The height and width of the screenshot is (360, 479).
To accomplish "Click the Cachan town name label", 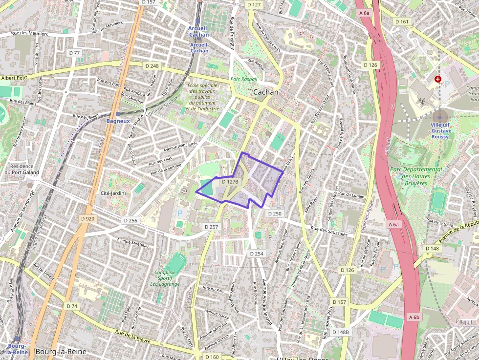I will tap(266, 92).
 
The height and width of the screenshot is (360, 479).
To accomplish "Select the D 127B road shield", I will tap(230, 182).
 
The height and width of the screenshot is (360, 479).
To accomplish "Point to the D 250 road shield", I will tap(275, 213).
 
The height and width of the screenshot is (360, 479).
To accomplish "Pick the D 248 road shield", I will tap(152, 65).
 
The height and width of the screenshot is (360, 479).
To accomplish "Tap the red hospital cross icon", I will tap(437, 79).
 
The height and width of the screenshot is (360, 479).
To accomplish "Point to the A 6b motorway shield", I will tap(414, 317).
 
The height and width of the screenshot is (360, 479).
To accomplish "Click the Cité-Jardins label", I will tap(113, 193).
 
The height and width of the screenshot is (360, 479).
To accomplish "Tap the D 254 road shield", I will tap(257, 254).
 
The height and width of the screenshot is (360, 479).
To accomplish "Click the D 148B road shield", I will tap(341, 332).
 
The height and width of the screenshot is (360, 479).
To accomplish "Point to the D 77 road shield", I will tap(74, 52).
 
